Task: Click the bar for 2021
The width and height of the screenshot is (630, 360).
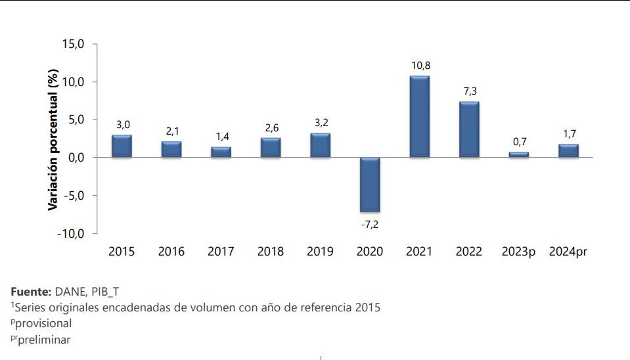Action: [419, 117]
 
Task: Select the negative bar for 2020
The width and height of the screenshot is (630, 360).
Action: [369, 185]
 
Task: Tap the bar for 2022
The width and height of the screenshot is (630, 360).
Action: [469, 129]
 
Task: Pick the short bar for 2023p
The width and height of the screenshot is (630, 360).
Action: [518, 155]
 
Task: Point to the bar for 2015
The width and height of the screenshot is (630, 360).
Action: [122, 146]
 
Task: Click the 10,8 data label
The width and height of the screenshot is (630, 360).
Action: [419, 66]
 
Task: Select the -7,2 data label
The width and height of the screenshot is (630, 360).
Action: [370, 224]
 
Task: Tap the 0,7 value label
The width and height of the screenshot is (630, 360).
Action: [519, 142]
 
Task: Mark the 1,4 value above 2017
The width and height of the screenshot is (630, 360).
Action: [221, 137]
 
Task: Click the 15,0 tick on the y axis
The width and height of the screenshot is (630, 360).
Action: [73, 44]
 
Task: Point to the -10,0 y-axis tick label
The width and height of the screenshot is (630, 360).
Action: [71, 234]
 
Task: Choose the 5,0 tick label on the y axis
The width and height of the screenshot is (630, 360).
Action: [76, 120]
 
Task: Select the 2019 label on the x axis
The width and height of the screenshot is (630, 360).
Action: [320, 252]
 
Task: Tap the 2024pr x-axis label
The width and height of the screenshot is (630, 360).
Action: [568, 252]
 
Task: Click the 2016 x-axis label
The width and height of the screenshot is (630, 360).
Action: [171, 252]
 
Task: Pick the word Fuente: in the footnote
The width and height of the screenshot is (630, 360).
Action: [31, 291]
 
